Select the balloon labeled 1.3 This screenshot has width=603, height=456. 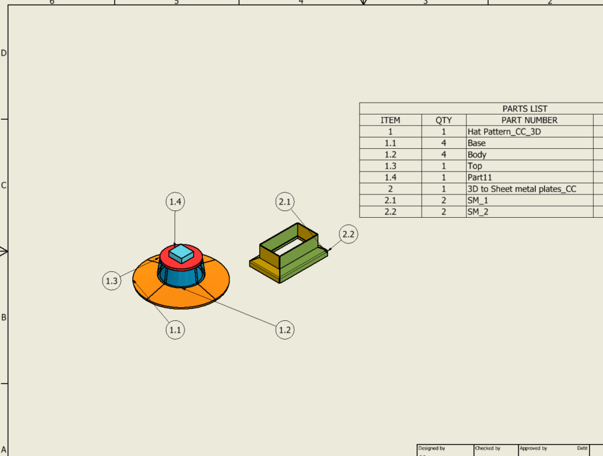coord(112,281)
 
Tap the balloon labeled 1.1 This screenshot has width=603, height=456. coord(175,329)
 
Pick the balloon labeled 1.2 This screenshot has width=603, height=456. coord(285,329)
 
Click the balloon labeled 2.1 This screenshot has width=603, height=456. coord(285,202)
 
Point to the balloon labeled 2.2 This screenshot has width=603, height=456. coord(348,234)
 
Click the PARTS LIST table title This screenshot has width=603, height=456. coord(524,109)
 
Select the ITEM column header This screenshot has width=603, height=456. coord(390,120)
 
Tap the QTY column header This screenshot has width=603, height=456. coord(444,120)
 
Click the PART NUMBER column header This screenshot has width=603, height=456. coord(529,120)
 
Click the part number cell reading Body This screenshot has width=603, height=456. coord(477,154)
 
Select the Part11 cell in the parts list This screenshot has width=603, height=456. coord(480,177)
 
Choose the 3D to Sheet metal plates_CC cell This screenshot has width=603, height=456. coord(522,189)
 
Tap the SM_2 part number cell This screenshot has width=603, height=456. coord(477,212)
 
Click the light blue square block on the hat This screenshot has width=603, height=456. coord(181,252)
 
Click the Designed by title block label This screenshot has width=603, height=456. coord(431,448)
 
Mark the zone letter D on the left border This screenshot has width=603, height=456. coord(4,53)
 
